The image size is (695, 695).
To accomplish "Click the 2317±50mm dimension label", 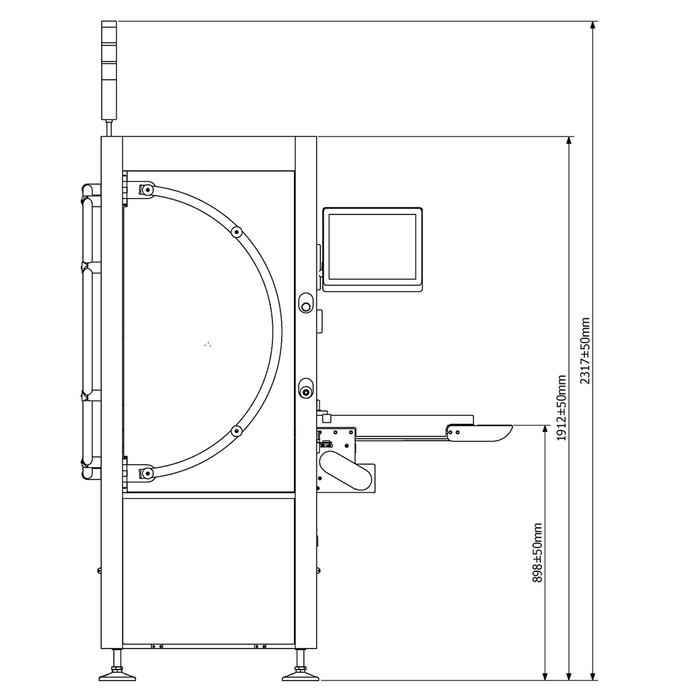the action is point(585,351).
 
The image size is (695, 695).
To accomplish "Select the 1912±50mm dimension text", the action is point(562,408).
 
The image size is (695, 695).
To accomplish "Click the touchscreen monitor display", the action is point(373,249).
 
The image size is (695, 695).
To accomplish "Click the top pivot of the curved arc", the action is point(147,190).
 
